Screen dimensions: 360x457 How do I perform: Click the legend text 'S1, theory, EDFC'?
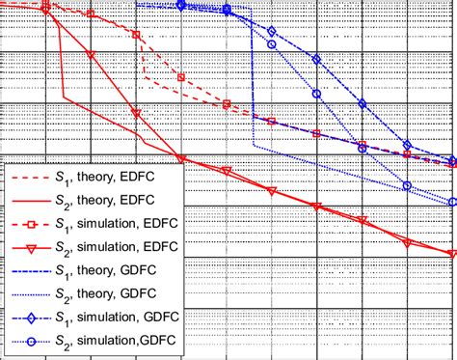[x=121, y=180]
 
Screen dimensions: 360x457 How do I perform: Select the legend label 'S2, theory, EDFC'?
[x=121, y=203]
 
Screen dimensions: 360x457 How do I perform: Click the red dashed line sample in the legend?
[x=34, y=180]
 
